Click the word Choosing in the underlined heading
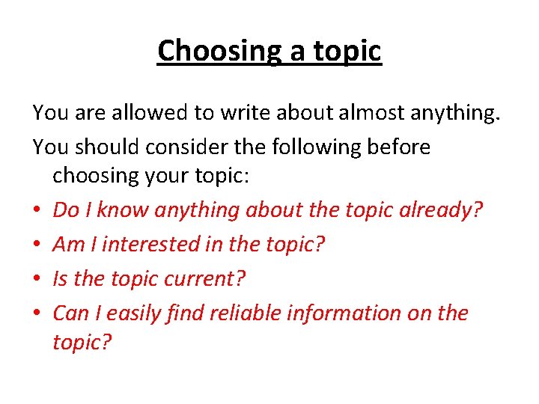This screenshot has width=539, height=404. (217, 52)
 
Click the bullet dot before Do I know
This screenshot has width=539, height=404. (37, 210)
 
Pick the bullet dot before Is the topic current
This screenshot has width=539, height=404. (37, 279)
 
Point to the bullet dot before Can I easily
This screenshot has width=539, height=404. (37, 313)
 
